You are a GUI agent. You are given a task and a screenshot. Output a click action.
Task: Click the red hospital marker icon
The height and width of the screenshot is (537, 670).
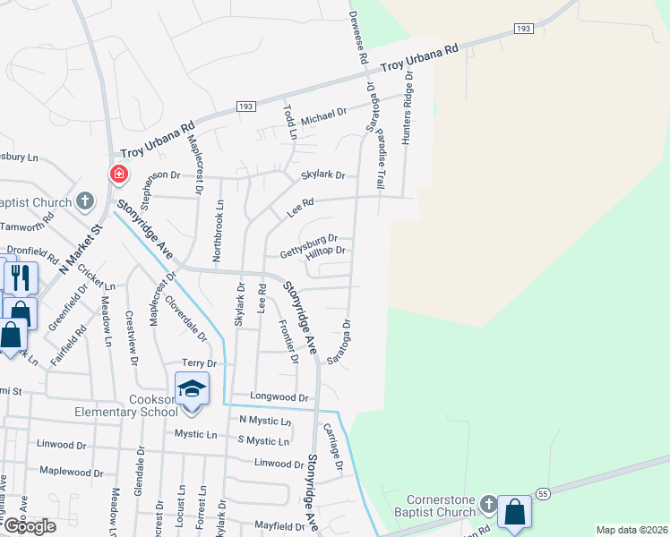[x=117, y=174]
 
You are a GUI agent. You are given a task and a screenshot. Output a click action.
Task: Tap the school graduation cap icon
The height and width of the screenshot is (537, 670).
[x=192, y=389]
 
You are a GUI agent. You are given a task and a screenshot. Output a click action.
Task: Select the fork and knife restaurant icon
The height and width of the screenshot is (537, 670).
[x=21, y=277]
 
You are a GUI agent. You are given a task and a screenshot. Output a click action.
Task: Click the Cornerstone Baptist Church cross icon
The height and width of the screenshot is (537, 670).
[x=489, y=504]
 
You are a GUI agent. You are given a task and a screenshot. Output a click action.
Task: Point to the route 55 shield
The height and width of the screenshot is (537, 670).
[x=543, y=492]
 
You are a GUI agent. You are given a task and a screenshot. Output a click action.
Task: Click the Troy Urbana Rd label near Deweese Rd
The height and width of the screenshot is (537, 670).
[x=419, y=59]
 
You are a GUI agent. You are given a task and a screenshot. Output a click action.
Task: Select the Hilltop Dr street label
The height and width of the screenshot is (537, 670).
[x=325, y=254]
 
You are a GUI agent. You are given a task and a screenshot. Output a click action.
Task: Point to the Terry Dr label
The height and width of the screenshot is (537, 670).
[x=200, y=363]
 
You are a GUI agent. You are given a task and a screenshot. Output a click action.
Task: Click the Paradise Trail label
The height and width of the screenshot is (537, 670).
[x=380, y=160]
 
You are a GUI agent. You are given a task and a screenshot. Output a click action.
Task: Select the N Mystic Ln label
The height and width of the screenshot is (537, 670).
[x=265, y=421]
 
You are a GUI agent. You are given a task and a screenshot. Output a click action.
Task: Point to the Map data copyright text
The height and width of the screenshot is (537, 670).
[x=631, y=530]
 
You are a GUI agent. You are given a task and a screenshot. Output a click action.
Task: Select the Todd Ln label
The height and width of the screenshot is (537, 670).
[x=289, y=122]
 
